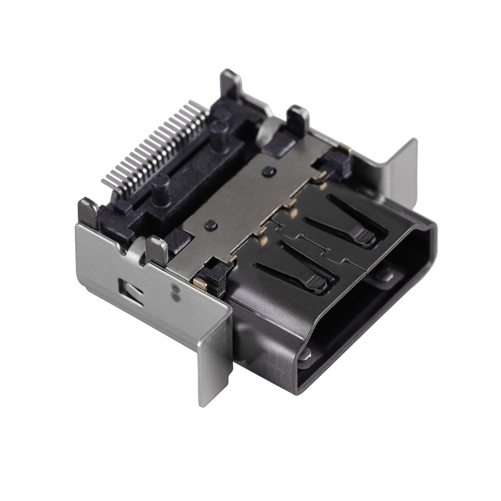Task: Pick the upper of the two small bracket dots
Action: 174,288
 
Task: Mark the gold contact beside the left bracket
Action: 200,284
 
